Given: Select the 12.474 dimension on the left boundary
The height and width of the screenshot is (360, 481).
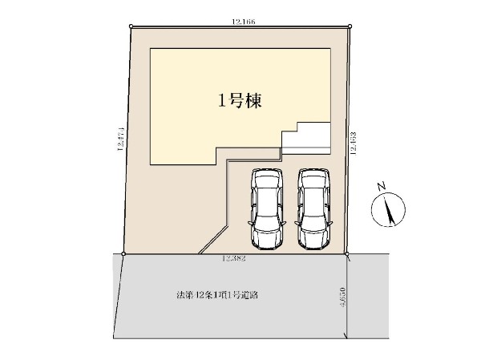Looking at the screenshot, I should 119,138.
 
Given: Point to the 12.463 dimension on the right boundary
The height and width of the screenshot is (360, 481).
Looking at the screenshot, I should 353,143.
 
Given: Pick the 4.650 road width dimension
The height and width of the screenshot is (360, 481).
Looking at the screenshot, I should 342,299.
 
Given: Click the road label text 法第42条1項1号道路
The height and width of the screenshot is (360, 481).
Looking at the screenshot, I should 216,295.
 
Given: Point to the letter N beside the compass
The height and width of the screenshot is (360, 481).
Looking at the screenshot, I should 382,186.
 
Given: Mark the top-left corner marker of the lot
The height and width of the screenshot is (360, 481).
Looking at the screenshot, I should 131,26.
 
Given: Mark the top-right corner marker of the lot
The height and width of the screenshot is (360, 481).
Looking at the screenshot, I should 350,26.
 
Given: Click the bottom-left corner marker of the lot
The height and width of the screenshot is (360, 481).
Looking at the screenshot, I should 123,254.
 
